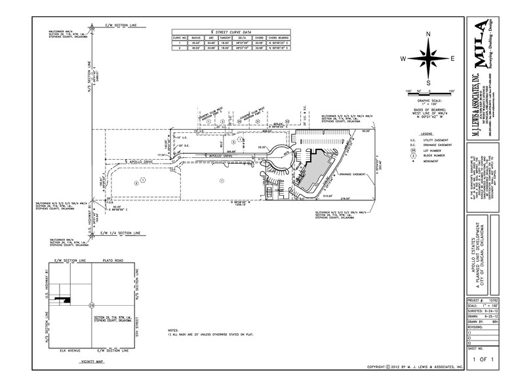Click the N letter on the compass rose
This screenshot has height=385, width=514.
[x=428, y=34]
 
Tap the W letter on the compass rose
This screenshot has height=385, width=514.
[x=404, y=59]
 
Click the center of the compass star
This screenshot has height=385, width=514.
[x=428, y=59]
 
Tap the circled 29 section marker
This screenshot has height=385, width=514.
[x=92, y=304]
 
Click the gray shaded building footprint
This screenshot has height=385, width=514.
[x=315, y=170]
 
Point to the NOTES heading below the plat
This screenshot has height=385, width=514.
[x=172, y=330]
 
